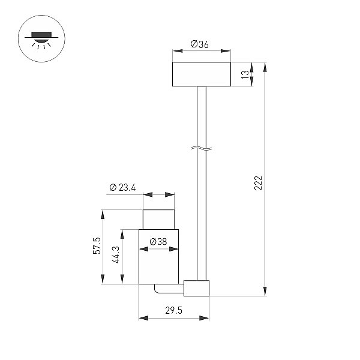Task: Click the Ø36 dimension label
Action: click(x=200, y=44)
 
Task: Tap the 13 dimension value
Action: click(x=245, y=74)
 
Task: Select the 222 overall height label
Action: click(x=258, y=183)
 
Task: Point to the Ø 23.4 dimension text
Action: click(x=122, y=187)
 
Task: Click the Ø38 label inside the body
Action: click(x=158, y=242)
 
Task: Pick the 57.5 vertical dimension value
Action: click(x=97, y=245)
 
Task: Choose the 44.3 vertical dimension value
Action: click(x=116, y=254)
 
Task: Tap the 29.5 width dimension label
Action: click(x=173, y=310)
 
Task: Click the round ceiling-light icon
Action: click(x=41, y=38)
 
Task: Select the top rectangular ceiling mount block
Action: click(x=202, y=74)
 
